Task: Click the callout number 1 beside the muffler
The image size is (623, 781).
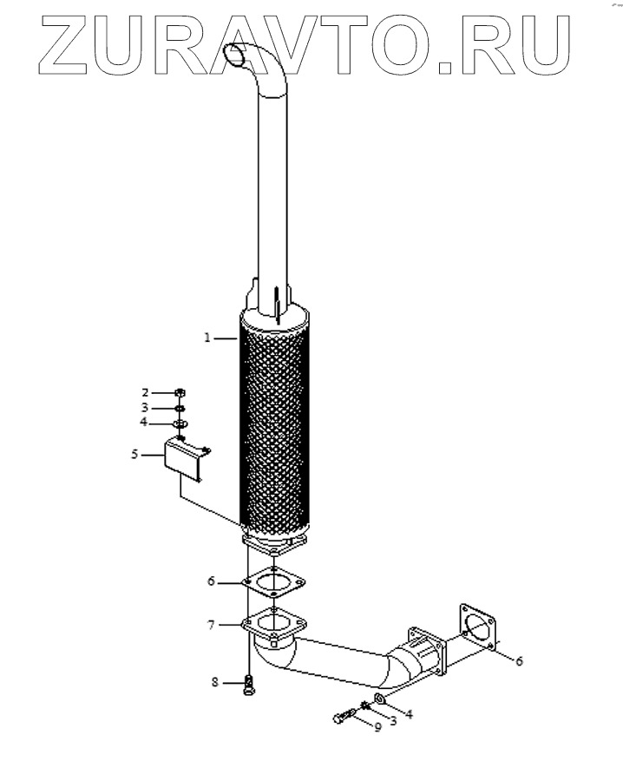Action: click(x=207, y=338)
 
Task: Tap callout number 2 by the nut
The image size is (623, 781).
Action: click(x=147, y=392)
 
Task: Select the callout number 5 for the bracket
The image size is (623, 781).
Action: click(x=135, y=453)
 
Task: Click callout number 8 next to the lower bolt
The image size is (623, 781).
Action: click(x=215, y=683)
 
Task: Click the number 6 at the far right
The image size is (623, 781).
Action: click(x=519, y=661)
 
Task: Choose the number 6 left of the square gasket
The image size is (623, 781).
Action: click(x=211, y=581)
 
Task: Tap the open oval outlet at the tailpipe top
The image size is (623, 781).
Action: click(x=235, y=54)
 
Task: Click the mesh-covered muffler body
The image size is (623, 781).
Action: click(x=274, y=425)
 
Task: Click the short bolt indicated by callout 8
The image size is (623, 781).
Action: click(x=250, y=685)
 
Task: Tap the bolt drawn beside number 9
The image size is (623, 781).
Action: click(x=344, y=717)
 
